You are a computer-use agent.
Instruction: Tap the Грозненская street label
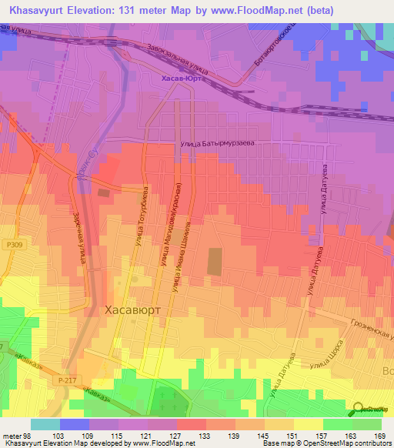click(370, 330)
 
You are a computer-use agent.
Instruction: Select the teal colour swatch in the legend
click(45, 424)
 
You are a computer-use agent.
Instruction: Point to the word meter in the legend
click(11, 436)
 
